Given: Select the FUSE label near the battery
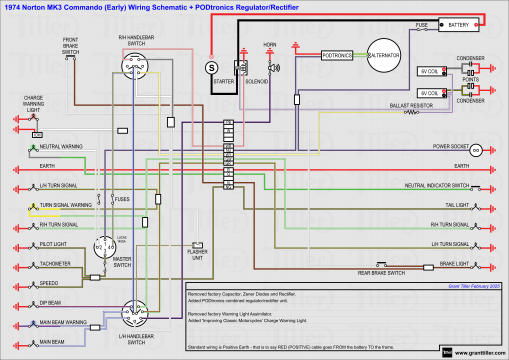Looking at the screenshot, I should click(422, 21).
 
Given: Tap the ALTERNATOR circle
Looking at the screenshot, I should click(381, 56).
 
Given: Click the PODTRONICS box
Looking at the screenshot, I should click(336, 57).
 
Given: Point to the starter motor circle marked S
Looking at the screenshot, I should click(211, 66).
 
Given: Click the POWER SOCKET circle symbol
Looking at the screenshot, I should click(476, 149).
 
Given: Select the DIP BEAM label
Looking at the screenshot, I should click(53, 301).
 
